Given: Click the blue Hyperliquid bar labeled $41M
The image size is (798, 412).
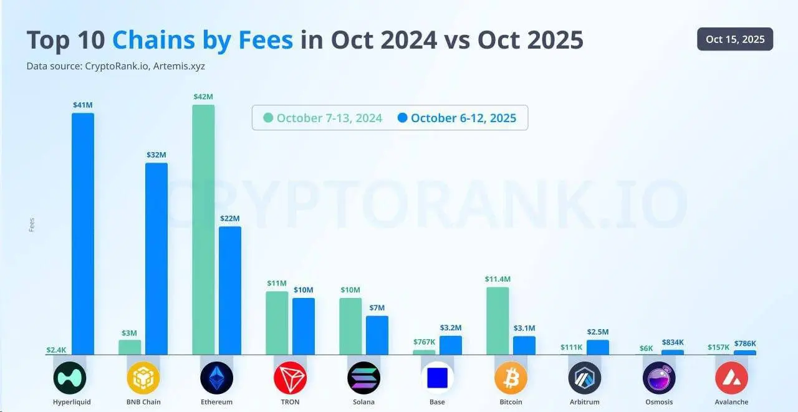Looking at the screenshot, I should point(83,234).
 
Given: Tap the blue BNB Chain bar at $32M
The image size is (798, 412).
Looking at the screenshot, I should point(156,259).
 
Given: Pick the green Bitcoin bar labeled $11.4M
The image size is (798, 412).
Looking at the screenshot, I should point(498,320).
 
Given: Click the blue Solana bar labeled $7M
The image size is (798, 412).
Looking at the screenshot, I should point(377,335).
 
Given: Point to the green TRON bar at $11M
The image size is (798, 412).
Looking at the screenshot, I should point(277,323).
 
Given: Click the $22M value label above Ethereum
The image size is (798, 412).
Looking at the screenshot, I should point(229,219).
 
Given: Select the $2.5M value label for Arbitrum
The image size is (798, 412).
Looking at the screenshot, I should point(597,332).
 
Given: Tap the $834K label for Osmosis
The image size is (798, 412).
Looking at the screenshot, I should point(672,342).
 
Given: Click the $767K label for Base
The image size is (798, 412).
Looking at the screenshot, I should point(424,342).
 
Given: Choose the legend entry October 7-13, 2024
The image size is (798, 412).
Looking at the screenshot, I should point(323,118).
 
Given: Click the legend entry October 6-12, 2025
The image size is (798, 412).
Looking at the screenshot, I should point(456,118).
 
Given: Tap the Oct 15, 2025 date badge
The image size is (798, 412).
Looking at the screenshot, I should point(735,39).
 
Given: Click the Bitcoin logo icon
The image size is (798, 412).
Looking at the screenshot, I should point(511,378).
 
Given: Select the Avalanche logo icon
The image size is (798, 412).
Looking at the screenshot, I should point(731,378).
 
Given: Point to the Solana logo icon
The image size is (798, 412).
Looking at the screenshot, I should point(363,378).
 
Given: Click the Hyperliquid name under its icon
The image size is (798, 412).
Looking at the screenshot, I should point(72,402).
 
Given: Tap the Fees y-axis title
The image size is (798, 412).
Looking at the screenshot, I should point(32,224).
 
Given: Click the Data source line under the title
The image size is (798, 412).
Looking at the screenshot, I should point(117,65).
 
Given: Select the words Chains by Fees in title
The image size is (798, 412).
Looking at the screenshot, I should point(202,40).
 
